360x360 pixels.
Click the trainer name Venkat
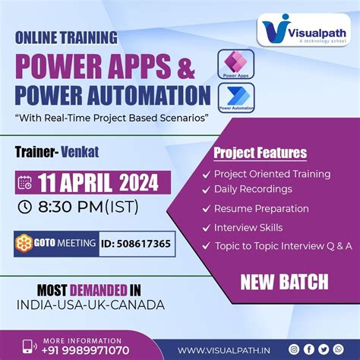pos(82,152)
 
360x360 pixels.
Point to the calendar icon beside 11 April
pos(24,182)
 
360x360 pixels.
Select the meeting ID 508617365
pos(135,244)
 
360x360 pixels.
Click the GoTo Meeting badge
pos(56,244)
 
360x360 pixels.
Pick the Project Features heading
pos(260,153)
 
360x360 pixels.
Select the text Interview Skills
pos(248,227)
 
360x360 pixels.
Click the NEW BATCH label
pos(284,283)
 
